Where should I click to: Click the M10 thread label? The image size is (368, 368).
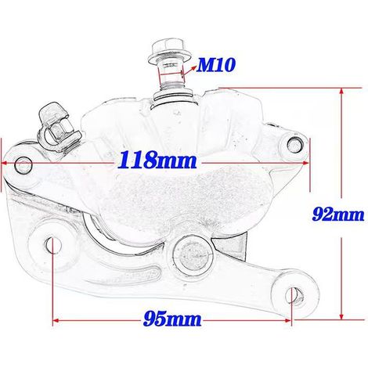point(216,64)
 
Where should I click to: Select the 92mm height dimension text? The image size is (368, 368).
point(338,214)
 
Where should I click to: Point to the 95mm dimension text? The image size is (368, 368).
point(172,319)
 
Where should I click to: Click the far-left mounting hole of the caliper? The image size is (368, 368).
point(23,165)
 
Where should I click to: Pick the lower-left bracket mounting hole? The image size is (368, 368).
point(53,246)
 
